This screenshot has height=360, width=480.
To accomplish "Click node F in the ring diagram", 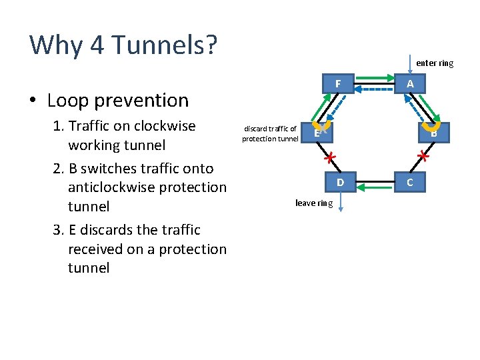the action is (x=339, y=83).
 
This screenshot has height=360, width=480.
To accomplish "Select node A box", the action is (x=410, y=83).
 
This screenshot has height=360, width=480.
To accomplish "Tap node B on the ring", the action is (x=434, y=133).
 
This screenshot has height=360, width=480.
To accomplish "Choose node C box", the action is (x=410, y=182).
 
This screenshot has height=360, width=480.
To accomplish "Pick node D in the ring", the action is (x=340, y=182).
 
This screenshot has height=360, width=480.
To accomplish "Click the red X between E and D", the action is (x=328, y=158).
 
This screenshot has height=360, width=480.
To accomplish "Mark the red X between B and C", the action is (x=422, y=157).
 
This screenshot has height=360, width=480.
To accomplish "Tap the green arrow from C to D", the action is (x=375, y=187).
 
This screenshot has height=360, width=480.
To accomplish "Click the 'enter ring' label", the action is (x=435, y=63).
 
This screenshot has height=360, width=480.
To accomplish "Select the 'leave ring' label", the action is (x=314, y=203).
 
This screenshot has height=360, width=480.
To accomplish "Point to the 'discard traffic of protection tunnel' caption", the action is (x=270, y=133).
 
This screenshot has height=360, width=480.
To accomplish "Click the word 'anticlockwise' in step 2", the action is (x=110, y=187).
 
